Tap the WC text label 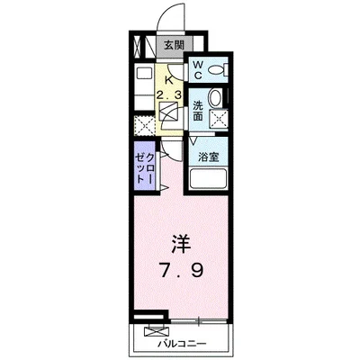click(x=198, y=69)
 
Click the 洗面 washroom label click(x=198, y=110)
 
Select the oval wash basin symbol click(x=215, y=99)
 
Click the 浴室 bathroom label click(x=209, y=157)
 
